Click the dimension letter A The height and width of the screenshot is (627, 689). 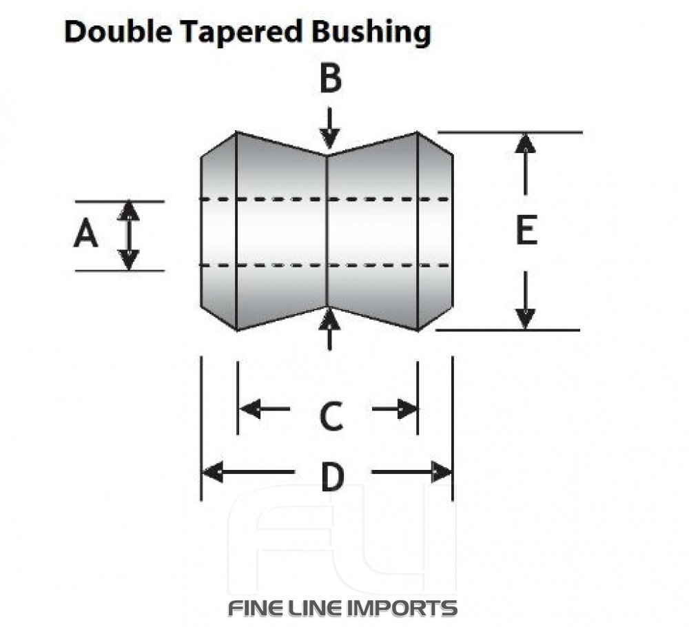(x=86, y=236)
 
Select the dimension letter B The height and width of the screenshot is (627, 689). (x=330, y=79)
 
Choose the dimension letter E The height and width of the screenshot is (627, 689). (x=526, y=231)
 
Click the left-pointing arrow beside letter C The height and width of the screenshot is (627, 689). (x=263, y=409)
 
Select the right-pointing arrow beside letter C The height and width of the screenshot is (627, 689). (x=395, y=409)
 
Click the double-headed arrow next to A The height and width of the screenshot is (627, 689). (x=128, y=235)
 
